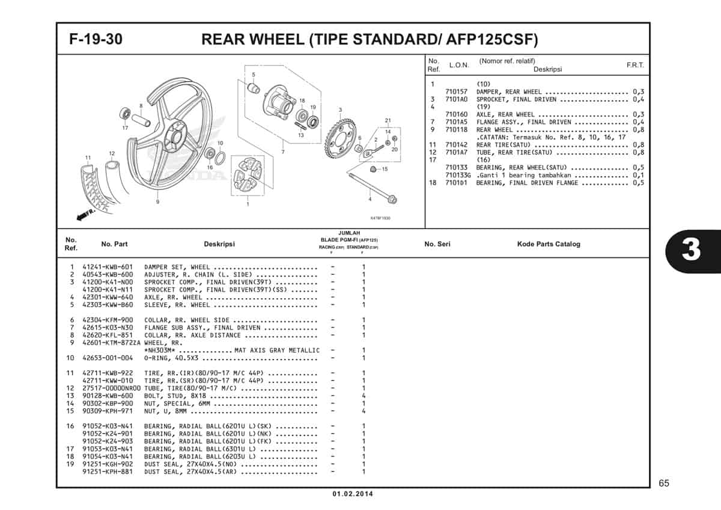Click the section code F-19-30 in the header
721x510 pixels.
pyautogui.click(x=96, y=40)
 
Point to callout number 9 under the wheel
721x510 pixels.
pyautogui.click(x=157, y=201)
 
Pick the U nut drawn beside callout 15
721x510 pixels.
pyautogui.click(x=374, y=170)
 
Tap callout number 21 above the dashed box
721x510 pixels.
pyautogui.click(x=388, y=120)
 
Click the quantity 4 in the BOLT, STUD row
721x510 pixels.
pyautogui.click(x=364, y=396)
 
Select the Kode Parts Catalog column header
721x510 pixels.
pyautogui.click(x=549, y=244)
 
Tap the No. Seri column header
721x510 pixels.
pyautogui.click(x=437, y=244)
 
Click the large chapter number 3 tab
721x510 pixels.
pyautogui.click(x=691, y=250)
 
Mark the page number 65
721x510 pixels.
pyautogui.click(x=663, y=483)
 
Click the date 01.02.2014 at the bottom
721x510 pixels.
pyautogui.click(x=352, y=494)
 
